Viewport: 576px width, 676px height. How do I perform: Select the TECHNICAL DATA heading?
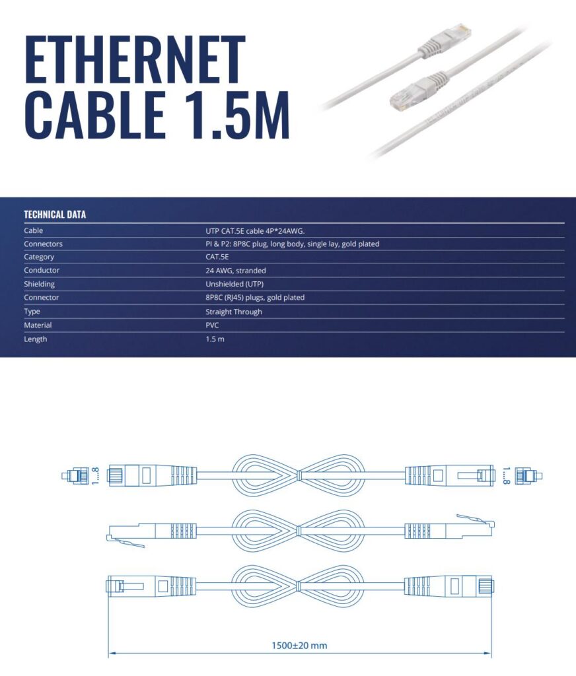(x=55, y=215)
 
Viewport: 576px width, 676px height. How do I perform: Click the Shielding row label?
(x=39, y=284)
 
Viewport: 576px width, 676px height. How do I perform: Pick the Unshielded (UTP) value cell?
(x=234, y=284)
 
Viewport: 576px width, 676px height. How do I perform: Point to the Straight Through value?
(x=233, y=312)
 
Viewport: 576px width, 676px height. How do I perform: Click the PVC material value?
(x=212, y=325)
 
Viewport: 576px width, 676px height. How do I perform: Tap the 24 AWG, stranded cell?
(x=236, y=271)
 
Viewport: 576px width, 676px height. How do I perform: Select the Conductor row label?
(x=42, y=271)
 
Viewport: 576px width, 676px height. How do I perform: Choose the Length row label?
(x=36, y=339)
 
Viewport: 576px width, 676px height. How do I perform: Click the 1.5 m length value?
(x=215, y=339)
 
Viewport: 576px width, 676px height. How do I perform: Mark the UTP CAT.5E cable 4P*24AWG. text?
(x=255, y=230)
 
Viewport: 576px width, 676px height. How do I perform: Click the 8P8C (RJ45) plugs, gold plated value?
(x=255, y=298)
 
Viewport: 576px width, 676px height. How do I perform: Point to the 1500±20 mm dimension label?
(x=299, y=645)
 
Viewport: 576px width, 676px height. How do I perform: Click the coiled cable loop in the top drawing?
(x=299, y=475)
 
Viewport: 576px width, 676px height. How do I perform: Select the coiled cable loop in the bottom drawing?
(x=299, y=586)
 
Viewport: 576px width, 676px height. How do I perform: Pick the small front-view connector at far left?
(x=75, y=475)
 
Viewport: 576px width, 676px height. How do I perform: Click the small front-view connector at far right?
(x=528, y=475)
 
